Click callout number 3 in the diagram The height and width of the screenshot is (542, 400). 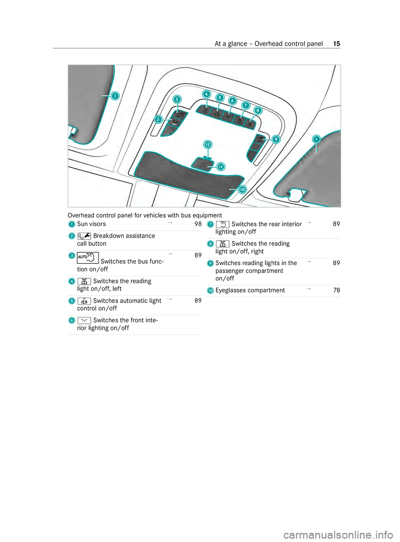177,99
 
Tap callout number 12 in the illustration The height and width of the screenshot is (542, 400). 207,144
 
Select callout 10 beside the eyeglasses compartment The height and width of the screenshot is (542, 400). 242,190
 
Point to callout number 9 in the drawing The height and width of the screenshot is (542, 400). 276,139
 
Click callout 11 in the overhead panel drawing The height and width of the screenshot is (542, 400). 221,167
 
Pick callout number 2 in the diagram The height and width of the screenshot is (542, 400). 158,119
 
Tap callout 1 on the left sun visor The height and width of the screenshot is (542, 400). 115,96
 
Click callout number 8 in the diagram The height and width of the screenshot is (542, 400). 258,111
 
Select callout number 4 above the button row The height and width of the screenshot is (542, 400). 207,94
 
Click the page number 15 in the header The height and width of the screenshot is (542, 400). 337,44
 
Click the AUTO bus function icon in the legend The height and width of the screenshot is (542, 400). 88,258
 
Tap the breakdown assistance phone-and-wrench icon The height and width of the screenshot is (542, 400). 84,236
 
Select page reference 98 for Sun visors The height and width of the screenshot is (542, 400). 198,224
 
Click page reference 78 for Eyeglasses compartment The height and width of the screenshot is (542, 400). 337,290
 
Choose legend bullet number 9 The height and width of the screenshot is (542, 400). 210,264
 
